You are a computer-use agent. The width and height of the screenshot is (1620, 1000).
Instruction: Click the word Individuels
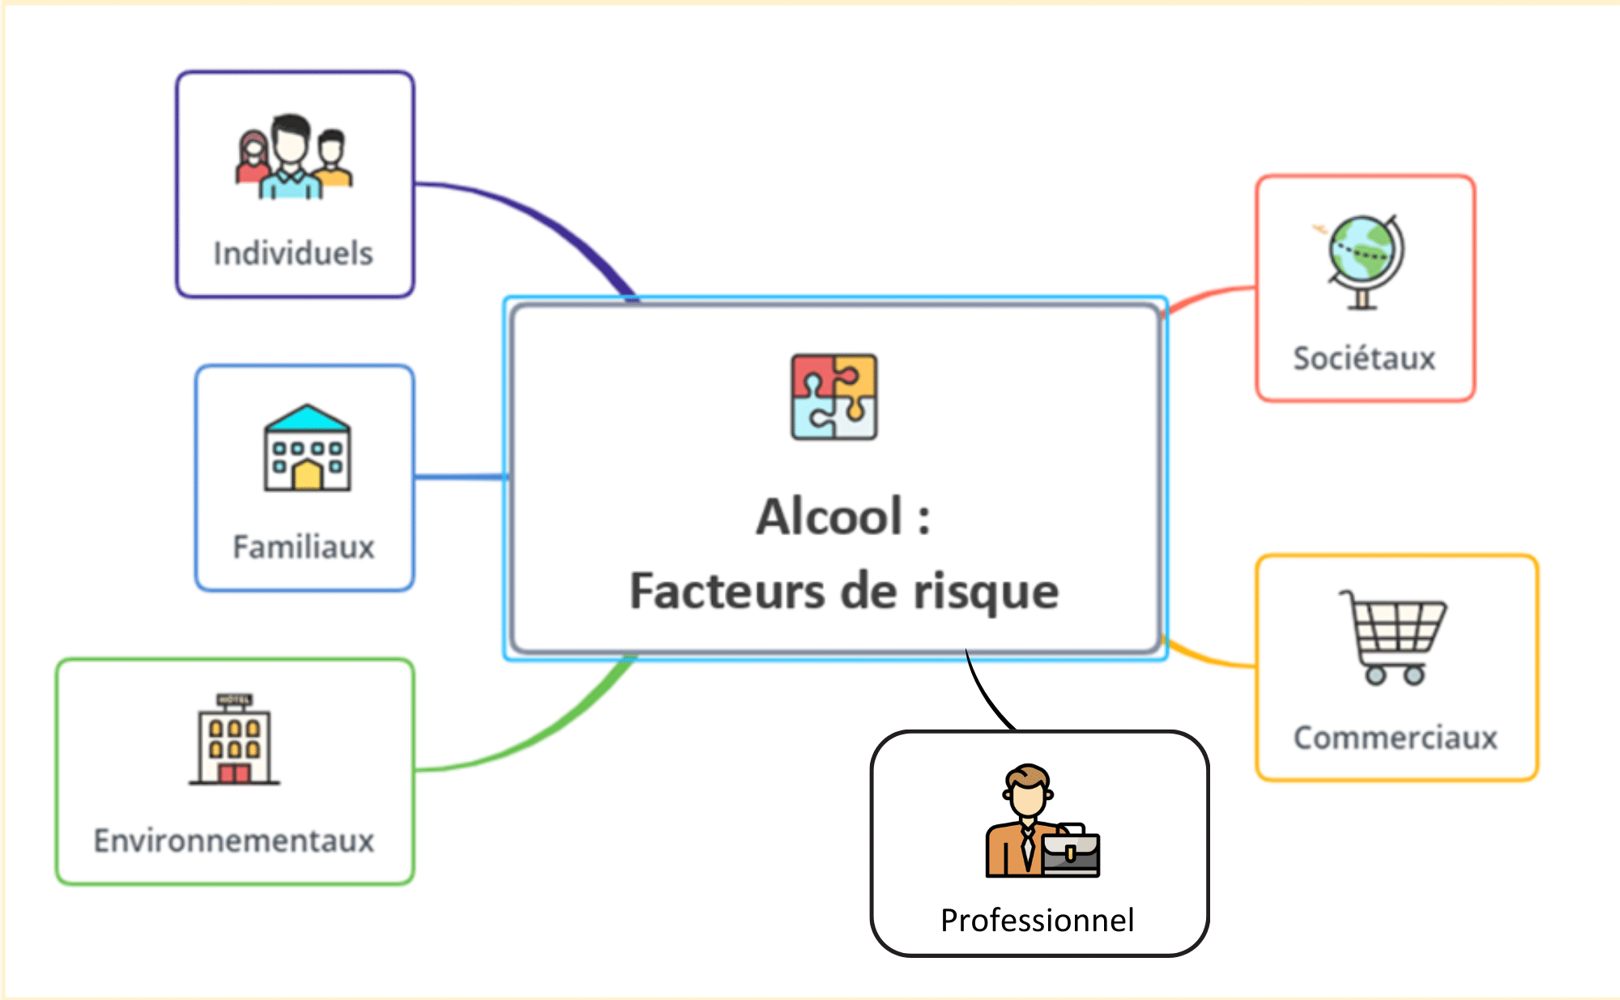click(293, 253)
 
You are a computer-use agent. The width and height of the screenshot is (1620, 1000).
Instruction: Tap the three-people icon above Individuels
click(293, 157)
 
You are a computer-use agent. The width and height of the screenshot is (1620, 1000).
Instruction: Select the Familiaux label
click(304, 547)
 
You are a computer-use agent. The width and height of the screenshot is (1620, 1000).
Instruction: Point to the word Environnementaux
click(234, 840)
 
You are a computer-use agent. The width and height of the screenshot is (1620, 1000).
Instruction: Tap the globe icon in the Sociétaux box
click(1365, 261)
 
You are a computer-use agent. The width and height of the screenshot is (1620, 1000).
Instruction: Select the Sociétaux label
click(1364, 358)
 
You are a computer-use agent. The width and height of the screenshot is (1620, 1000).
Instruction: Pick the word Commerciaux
click(1396, 738)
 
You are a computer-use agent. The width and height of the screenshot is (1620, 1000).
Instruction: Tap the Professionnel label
click(1038, 921)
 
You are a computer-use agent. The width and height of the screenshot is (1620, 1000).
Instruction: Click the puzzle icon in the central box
click(833, 397)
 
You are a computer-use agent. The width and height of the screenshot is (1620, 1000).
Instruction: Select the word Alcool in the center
click(829, 517)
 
